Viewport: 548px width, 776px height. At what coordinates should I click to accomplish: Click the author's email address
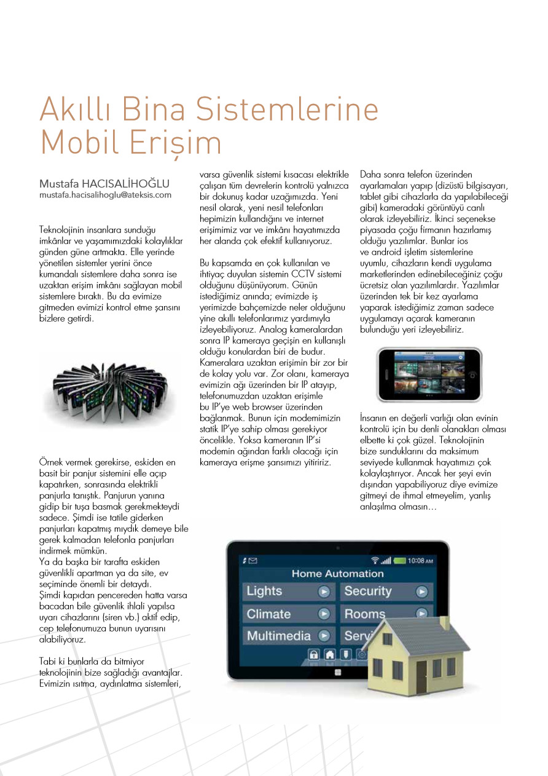coord(105,195)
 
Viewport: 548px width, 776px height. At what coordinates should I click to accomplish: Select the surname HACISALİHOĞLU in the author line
coord(128,184)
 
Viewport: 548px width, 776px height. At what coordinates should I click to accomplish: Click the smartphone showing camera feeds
coord(429,375)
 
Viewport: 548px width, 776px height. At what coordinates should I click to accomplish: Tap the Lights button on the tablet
coord(288,592)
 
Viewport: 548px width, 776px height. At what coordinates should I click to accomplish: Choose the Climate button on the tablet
coord(288,614)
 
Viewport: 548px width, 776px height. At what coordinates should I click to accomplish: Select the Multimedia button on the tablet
coord(288,636)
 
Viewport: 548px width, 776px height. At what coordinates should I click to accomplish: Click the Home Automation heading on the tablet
coord(337,574)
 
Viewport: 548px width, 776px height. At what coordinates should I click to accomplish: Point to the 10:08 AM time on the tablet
coord(420,560)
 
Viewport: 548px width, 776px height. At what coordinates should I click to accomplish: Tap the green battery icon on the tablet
coord(400,560)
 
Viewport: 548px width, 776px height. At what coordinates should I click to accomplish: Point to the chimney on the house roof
coord(444,622)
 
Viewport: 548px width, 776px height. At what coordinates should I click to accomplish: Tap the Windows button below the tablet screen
coord(337,673)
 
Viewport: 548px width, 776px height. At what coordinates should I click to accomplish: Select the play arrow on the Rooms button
coord(421,613)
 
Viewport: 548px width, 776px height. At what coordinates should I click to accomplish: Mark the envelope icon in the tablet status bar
coord(253,561)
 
